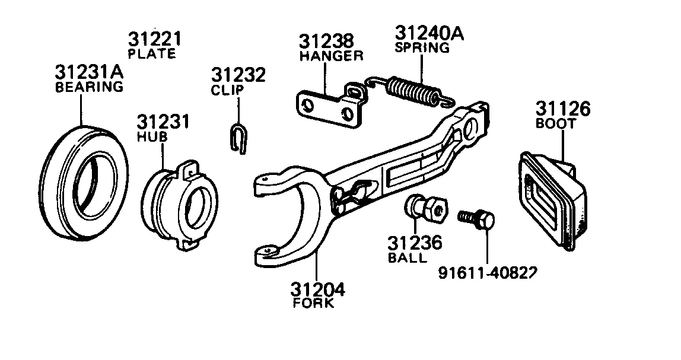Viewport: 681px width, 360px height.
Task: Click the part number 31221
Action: coord(154,40)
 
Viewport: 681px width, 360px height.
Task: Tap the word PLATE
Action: coord(152,54)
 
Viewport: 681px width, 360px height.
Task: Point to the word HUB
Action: coord(152,137)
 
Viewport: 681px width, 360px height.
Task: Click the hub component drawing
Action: coord(181,205)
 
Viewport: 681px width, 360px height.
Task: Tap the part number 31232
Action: coord(238,76)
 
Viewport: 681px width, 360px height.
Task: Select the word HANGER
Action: coord(331,56)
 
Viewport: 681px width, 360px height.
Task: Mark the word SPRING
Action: coord(422,48)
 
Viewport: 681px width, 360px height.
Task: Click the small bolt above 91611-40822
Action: coord(477,219)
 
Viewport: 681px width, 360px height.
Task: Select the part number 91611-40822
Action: coord(488,272)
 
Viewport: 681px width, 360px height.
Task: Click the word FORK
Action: coord(314,303)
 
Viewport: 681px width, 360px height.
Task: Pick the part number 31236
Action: coord(415,244)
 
